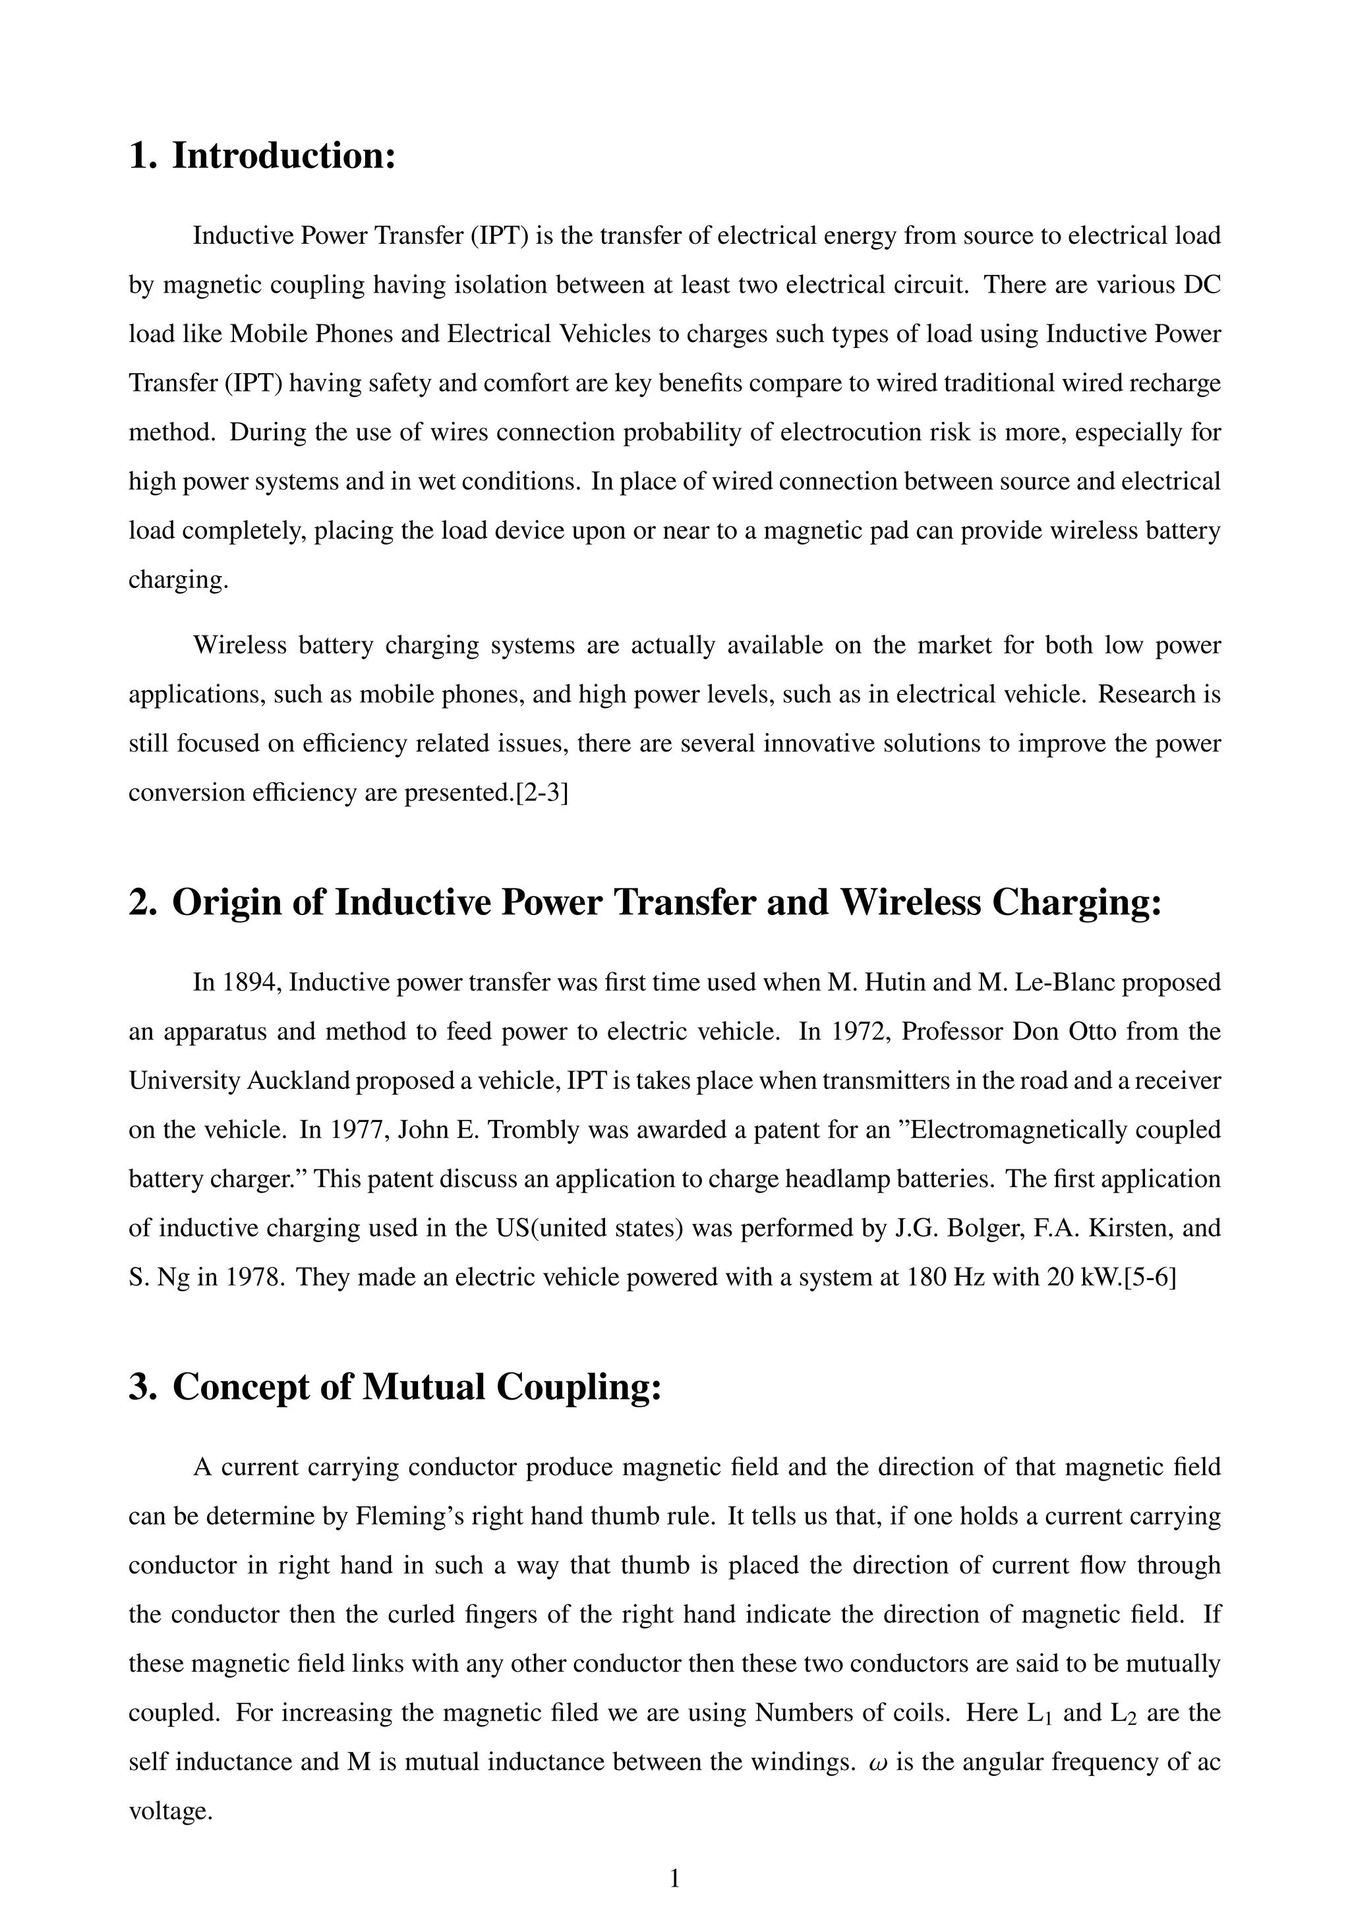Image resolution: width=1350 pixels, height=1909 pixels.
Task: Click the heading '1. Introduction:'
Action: [x=262, y=156]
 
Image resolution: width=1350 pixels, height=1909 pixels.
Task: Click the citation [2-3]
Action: [x=541, y=792]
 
